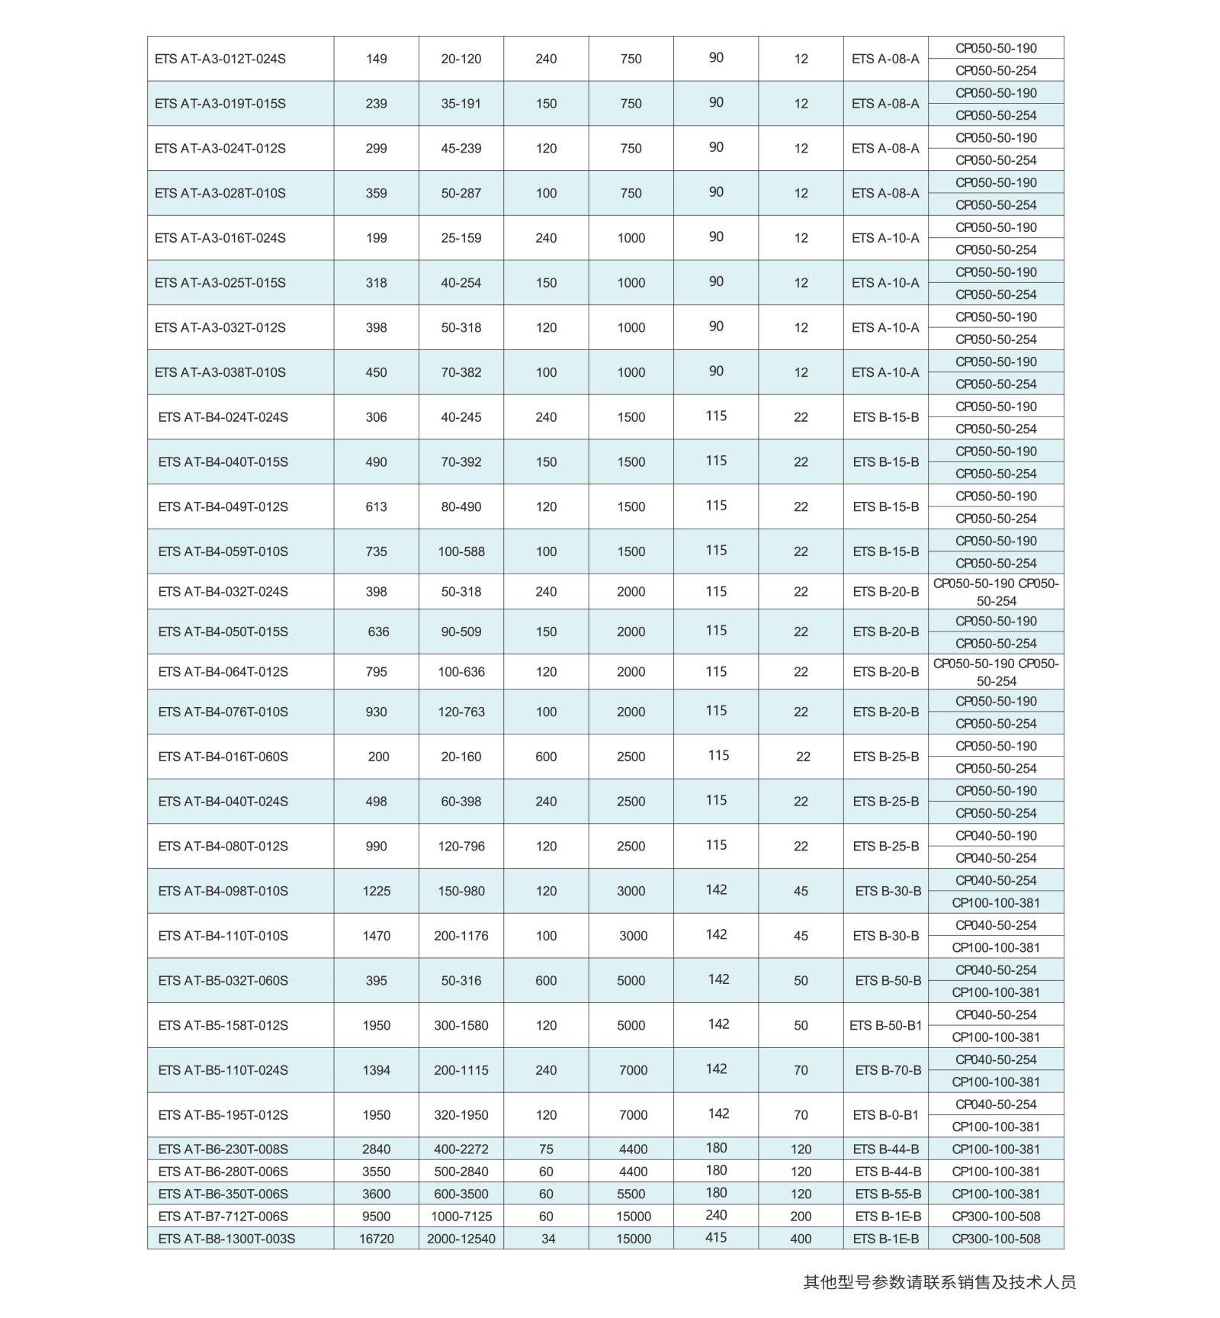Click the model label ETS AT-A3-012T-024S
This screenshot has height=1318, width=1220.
pyautogui.click(x=220, y=59)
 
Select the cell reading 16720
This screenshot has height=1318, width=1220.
pyautogui.click(x=376, y=1239)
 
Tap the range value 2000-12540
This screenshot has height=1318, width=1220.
pyautogui.click(x=461, y=1239)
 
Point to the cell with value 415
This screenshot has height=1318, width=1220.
pyautogui.click(x=715, y=1237)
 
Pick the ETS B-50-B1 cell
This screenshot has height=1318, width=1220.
pyautogui.click(x=885, y=1025)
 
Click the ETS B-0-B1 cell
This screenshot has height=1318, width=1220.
pyautogui.click(x=885, y=1115)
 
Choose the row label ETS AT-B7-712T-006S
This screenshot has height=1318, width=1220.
pyautogui.click(x=223, y=1217)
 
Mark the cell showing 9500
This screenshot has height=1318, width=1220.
pyautogui.click(x=376, y=1217)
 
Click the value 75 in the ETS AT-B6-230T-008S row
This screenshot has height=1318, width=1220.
pyautogui.click(x=546, y=1149)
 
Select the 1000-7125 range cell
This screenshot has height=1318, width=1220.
pyautogui.click(x=461, y=1217)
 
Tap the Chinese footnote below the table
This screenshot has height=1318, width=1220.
pyautogui.click(x=939, y=1282)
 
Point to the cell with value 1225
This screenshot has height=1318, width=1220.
pyautogui.click(x=376, y=891)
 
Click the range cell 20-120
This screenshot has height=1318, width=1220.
pyautogui.click(x=461, y=59)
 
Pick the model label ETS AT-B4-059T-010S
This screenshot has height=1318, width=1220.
pyautogui.click(x=223, y=551)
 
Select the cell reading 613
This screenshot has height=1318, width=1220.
pyautogui.click(x=376, y=506)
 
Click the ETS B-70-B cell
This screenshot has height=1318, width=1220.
pyautogui.click(x=888, y=1070)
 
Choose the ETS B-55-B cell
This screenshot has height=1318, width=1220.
pyautogui.click(x=888, y=1194)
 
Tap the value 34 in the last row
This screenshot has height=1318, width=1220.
pyautogui.click(x=548, y=1239)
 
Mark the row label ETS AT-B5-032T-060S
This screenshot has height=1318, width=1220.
pyautogui.click(x=223, y=981)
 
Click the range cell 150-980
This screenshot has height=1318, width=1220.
pyautogui.click(x=461, y=891)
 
